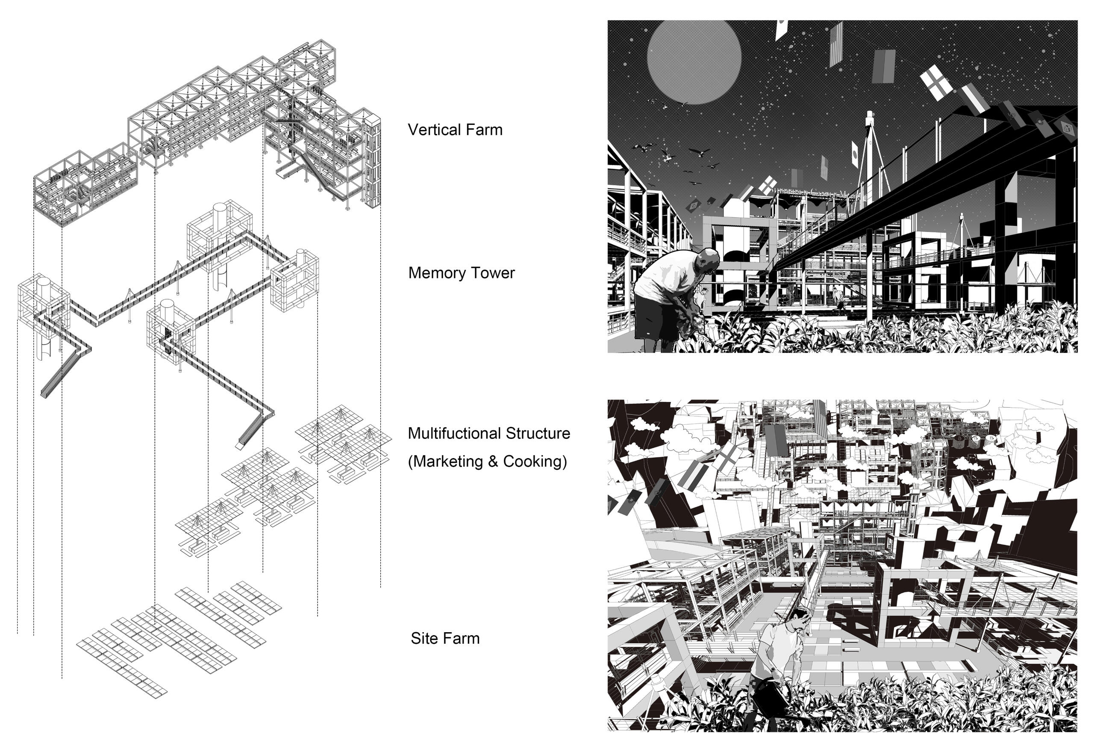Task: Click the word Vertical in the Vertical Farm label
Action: (x=432, y=130)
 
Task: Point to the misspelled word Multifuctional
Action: (x=457, y=433)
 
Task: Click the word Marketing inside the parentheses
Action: (x=449, y=461)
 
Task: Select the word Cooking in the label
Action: (x=532, y=461)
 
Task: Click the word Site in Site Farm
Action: (x=423, y=638)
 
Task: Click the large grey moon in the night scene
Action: (x=694, y=56)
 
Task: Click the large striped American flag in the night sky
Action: (x=835, y=45)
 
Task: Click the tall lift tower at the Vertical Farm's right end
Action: (x=372, y=160)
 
